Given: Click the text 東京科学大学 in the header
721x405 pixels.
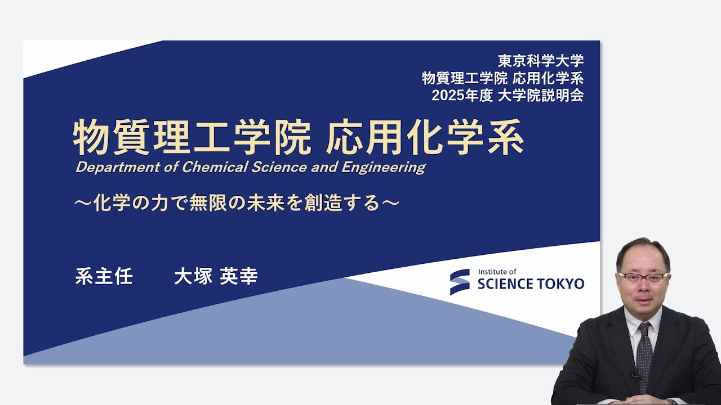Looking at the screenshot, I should coord(540,60).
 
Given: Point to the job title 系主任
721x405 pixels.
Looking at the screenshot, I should coord(104,277).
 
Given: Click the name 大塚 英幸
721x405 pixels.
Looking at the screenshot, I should coord(216,277).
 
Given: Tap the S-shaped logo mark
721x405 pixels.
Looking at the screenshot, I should coord(460,281).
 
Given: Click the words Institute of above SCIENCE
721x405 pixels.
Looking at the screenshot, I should coord(497,272).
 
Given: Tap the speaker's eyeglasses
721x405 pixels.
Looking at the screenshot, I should coord(643,277).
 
